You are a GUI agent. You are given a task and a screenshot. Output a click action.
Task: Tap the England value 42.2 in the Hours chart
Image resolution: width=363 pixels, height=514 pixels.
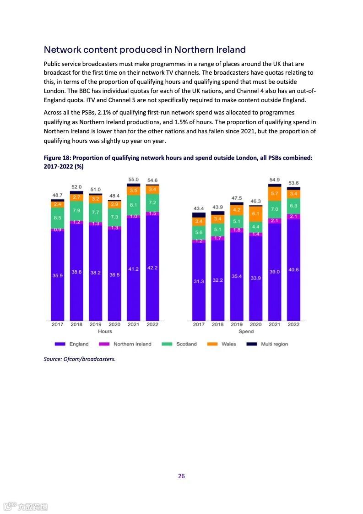(x=152, y=268)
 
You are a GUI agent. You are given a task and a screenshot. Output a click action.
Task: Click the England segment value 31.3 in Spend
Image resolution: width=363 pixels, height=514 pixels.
(x=199, y=281)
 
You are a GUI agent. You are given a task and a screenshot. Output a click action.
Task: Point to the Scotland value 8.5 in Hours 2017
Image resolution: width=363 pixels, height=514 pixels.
(x=58, y=218)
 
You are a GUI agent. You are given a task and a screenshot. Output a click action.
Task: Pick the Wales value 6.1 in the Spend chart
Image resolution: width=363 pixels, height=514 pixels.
(x=256, y=214)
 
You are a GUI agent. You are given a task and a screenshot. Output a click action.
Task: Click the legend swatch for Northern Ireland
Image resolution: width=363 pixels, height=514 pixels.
(x=105, y=344)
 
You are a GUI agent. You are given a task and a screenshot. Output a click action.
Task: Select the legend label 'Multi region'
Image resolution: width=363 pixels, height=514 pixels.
(x=274, y=344)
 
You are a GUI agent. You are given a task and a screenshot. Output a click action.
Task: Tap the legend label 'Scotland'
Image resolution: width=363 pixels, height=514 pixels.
(x=186, y=344)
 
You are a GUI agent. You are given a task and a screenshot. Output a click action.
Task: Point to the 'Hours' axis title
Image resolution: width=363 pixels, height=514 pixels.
(x=105, y=331)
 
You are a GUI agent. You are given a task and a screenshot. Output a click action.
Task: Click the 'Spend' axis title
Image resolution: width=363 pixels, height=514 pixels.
(x=246, y=331)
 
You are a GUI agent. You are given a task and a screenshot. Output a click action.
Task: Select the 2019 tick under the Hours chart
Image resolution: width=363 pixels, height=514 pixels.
(x=96, y=324)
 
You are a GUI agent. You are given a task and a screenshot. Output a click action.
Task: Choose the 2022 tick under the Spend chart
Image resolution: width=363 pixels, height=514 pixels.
(x=293, y=324)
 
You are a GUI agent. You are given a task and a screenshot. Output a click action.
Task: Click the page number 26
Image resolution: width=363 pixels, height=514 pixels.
(x=181, y=476)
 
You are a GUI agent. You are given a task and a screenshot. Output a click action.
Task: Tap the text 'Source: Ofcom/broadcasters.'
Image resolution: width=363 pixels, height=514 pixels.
(x=80, y=359)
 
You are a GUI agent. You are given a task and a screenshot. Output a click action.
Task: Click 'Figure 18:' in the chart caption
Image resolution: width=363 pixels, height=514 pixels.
(x=57, y=158)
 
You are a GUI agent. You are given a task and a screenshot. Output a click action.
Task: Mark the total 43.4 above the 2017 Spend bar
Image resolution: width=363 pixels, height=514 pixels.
(x=199, y=209)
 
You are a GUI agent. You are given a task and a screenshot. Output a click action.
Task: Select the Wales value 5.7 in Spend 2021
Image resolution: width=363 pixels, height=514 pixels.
(x=275, y=194)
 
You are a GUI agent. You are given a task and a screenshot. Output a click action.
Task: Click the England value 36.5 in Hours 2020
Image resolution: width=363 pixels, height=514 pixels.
(x=114, y=274)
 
